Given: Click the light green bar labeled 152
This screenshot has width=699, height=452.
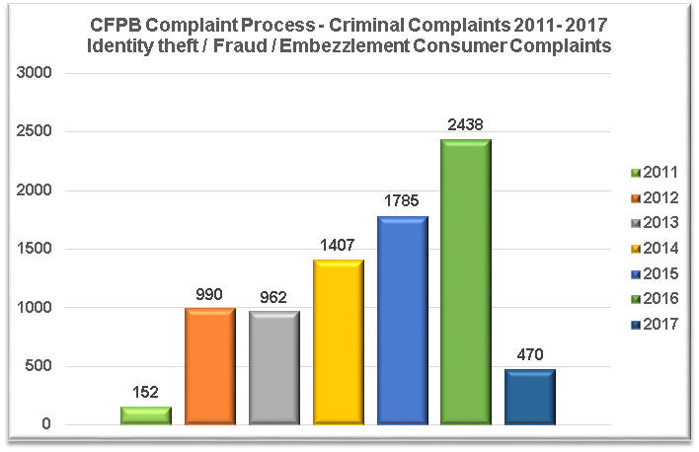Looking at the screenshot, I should pos(146,415).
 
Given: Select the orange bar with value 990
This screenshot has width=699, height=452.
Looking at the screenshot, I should pos(210,367).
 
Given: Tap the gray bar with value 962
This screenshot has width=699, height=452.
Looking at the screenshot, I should pos(274,369).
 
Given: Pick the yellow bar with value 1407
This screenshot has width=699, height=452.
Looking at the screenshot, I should pos(339,342).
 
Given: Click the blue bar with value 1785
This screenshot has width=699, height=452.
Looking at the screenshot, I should pos(402,321).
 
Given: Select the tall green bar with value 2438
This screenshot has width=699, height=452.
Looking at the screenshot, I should pos(466,282).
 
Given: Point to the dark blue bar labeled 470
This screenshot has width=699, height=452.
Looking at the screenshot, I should pos(530,398).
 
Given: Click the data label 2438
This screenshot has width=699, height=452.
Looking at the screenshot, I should pos(466,125).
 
